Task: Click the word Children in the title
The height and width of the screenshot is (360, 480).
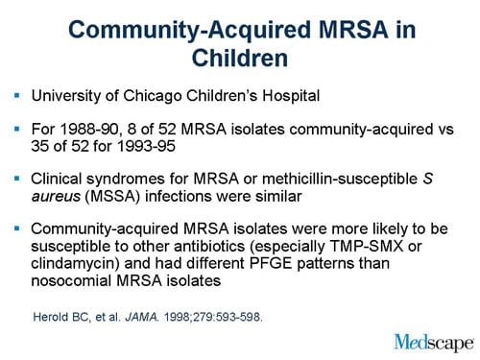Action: (x=240, y=58)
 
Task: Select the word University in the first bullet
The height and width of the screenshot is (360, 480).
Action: (x=67, y=96)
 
